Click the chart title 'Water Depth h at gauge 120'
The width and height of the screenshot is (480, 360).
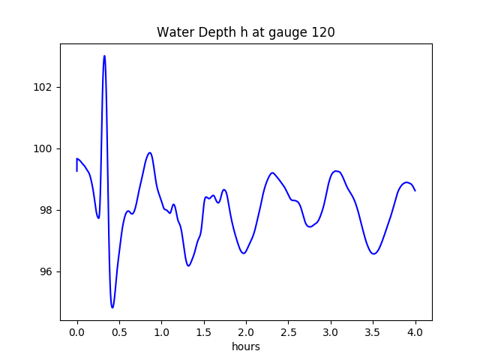coord(245,32)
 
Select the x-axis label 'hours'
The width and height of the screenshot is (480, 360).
coord(245,346)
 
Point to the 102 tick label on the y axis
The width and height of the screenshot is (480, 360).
coord(43,87)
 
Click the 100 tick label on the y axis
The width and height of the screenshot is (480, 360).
coord(43,148)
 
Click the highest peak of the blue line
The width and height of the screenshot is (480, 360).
coord(104,56)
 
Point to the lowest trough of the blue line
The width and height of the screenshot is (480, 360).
coord(112,307)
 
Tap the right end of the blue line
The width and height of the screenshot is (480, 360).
coord(415,190)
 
